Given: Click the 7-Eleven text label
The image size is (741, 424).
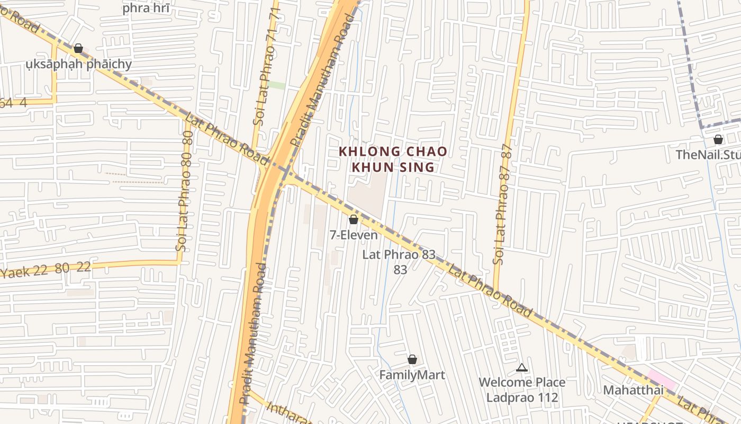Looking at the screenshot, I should (354, 235).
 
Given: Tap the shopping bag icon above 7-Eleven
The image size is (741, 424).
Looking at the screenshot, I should (354, 219).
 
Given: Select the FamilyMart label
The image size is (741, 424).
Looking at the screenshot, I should (412, 375).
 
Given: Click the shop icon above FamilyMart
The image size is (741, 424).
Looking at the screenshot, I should (412, 360).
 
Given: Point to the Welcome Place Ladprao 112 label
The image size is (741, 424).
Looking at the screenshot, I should (522, 390).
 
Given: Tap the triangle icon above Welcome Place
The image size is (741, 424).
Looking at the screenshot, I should (522, 367).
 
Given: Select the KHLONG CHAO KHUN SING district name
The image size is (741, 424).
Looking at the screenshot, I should (393, 160).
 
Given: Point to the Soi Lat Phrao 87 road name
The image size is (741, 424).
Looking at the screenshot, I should (502, 204).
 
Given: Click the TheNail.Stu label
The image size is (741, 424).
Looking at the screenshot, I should (708, 155).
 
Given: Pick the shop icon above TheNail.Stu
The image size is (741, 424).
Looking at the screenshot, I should (718, 140).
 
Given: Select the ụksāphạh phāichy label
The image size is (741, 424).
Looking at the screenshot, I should (79, 65).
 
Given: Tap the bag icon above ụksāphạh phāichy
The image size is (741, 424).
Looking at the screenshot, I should (78, 49).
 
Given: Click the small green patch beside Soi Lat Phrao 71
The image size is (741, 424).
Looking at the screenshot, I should (276, 85).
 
